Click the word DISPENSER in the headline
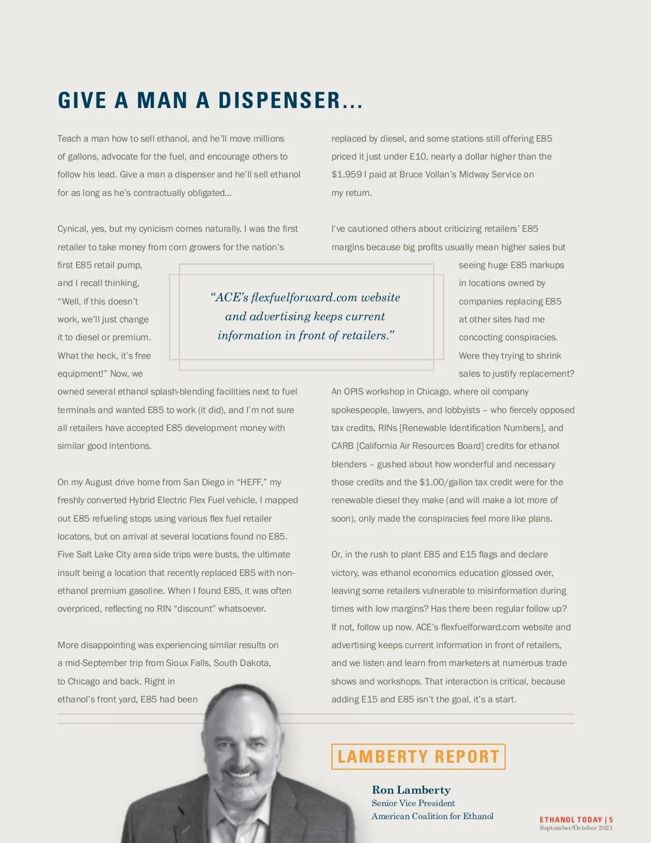coord(279,101)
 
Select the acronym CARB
coord(342,446)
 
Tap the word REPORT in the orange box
coord(467,757)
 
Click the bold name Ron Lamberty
coord(411,790)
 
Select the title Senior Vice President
coord(413,803)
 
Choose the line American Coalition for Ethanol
coord(432,816)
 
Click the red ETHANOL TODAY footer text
coord(571,820)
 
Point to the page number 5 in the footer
coord(611,820)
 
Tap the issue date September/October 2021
coord(576,828)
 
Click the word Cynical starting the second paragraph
coord(72,229)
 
